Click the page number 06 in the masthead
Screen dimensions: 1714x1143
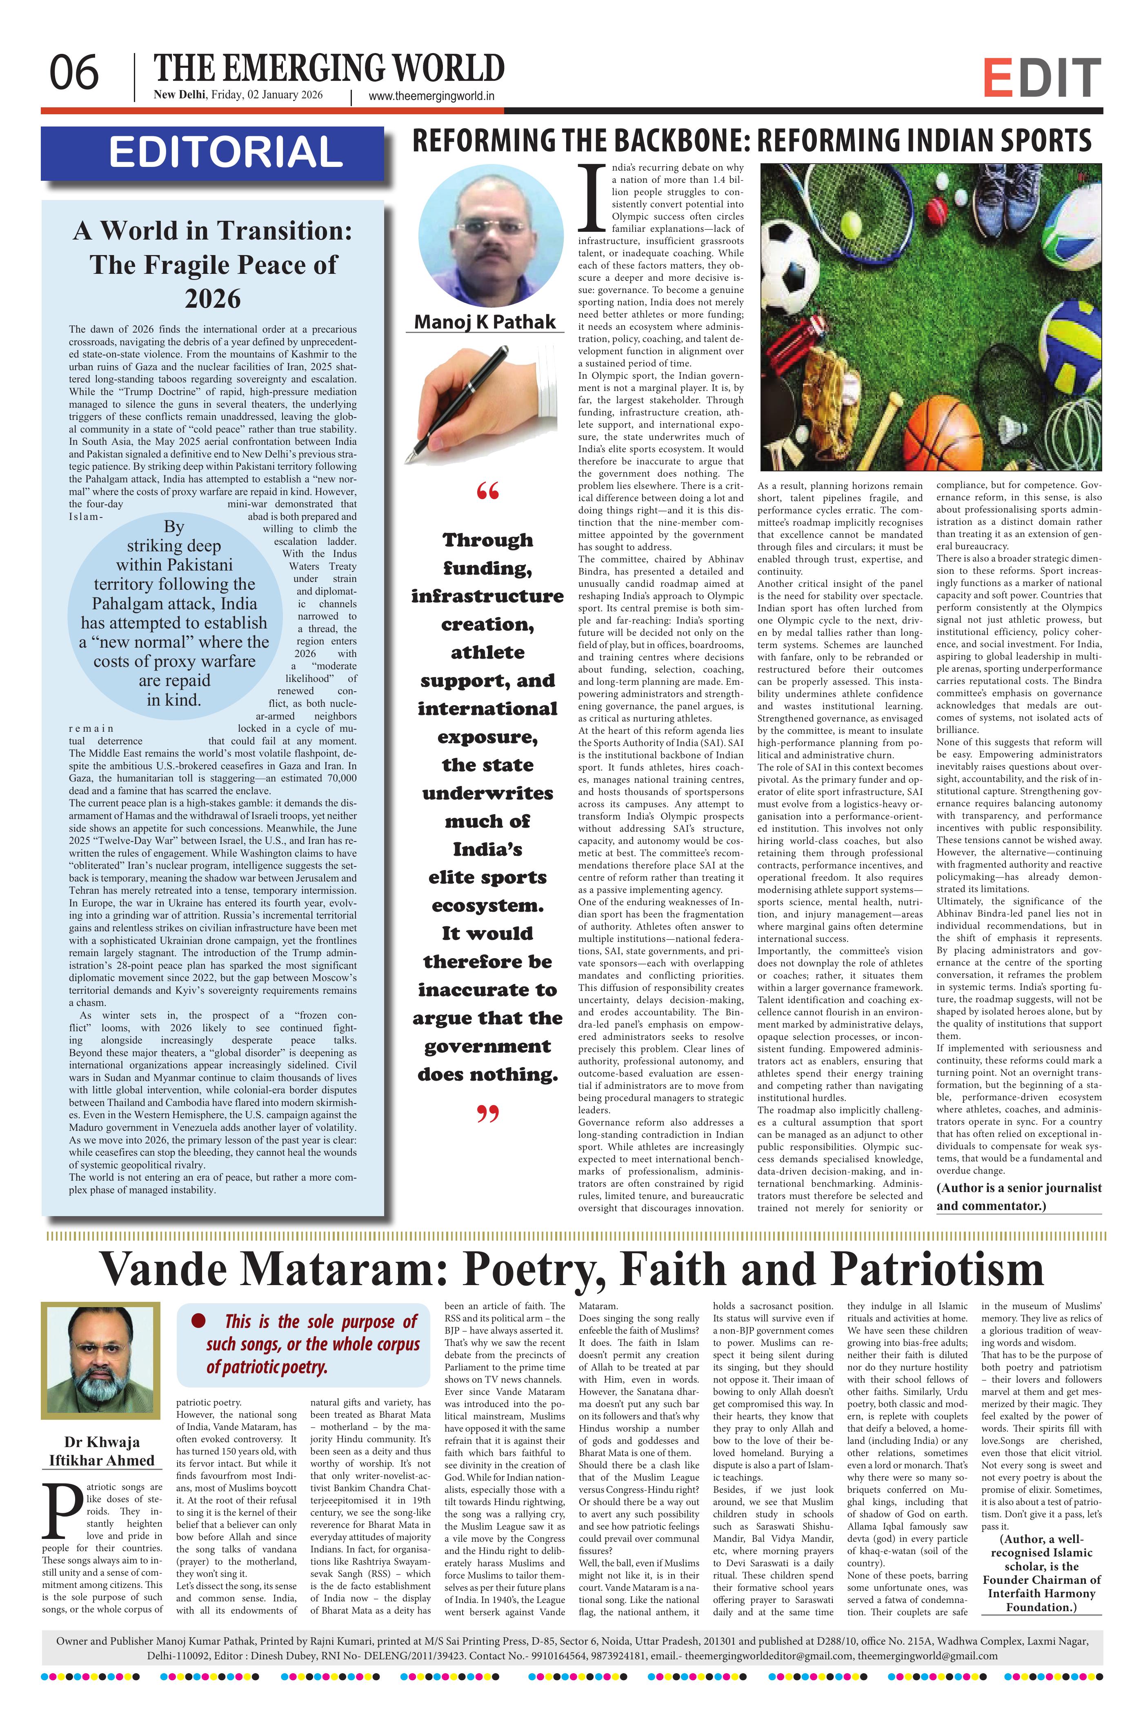[x=73, y=73]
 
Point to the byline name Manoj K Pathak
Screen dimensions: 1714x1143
[x=485, y=322]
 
